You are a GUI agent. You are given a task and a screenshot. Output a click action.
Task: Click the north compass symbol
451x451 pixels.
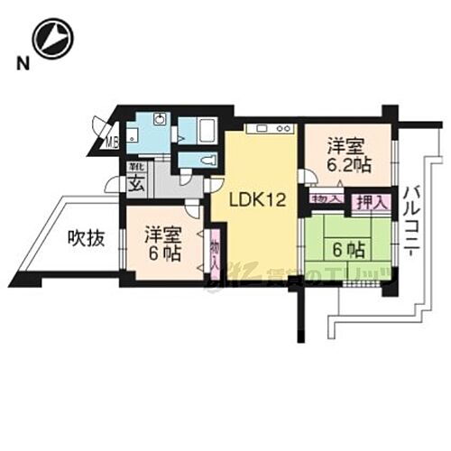click(x=51, y=39)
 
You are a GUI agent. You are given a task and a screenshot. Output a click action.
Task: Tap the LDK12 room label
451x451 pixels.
click(x=256, y=201)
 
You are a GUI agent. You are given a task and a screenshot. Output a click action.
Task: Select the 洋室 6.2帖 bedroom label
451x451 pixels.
click(x=348, y=154)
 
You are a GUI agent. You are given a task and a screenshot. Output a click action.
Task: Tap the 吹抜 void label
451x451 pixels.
click(x=87, y=239)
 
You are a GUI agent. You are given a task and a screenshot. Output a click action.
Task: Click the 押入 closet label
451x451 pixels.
click(x=370, y=202)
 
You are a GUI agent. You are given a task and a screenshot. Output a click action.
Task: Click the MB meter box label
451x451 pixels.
click(x=113, y=141)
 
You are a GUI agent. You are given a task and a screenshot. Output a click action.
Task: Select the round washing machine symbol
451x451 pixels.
click(x=159, y=121)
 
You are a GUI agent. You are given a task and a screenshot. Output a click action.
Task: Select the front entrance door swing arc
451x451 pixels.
click(x=112, y=185)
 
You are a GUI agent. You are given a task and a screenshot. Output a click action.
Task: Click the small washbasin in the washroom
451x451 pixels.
click(x=132, y=136)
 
